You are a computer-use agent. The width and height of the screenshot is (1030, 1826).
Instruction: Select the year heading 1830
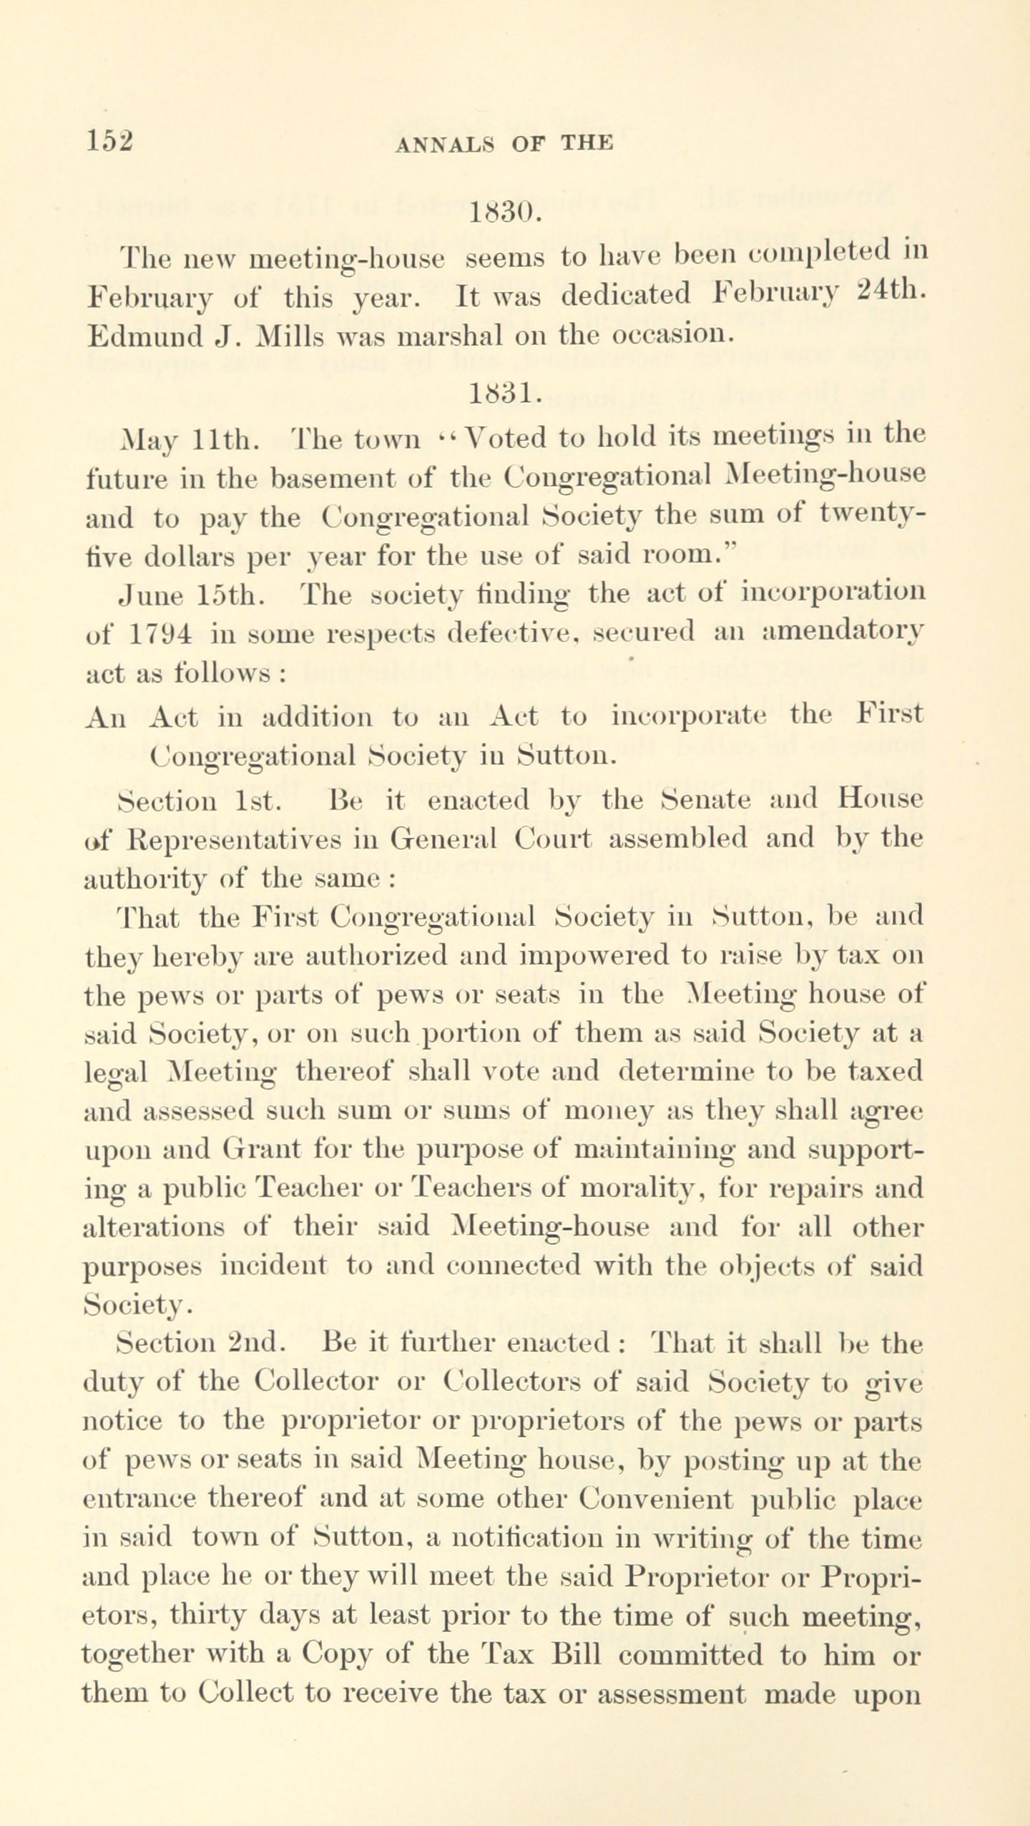point(504,213)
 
